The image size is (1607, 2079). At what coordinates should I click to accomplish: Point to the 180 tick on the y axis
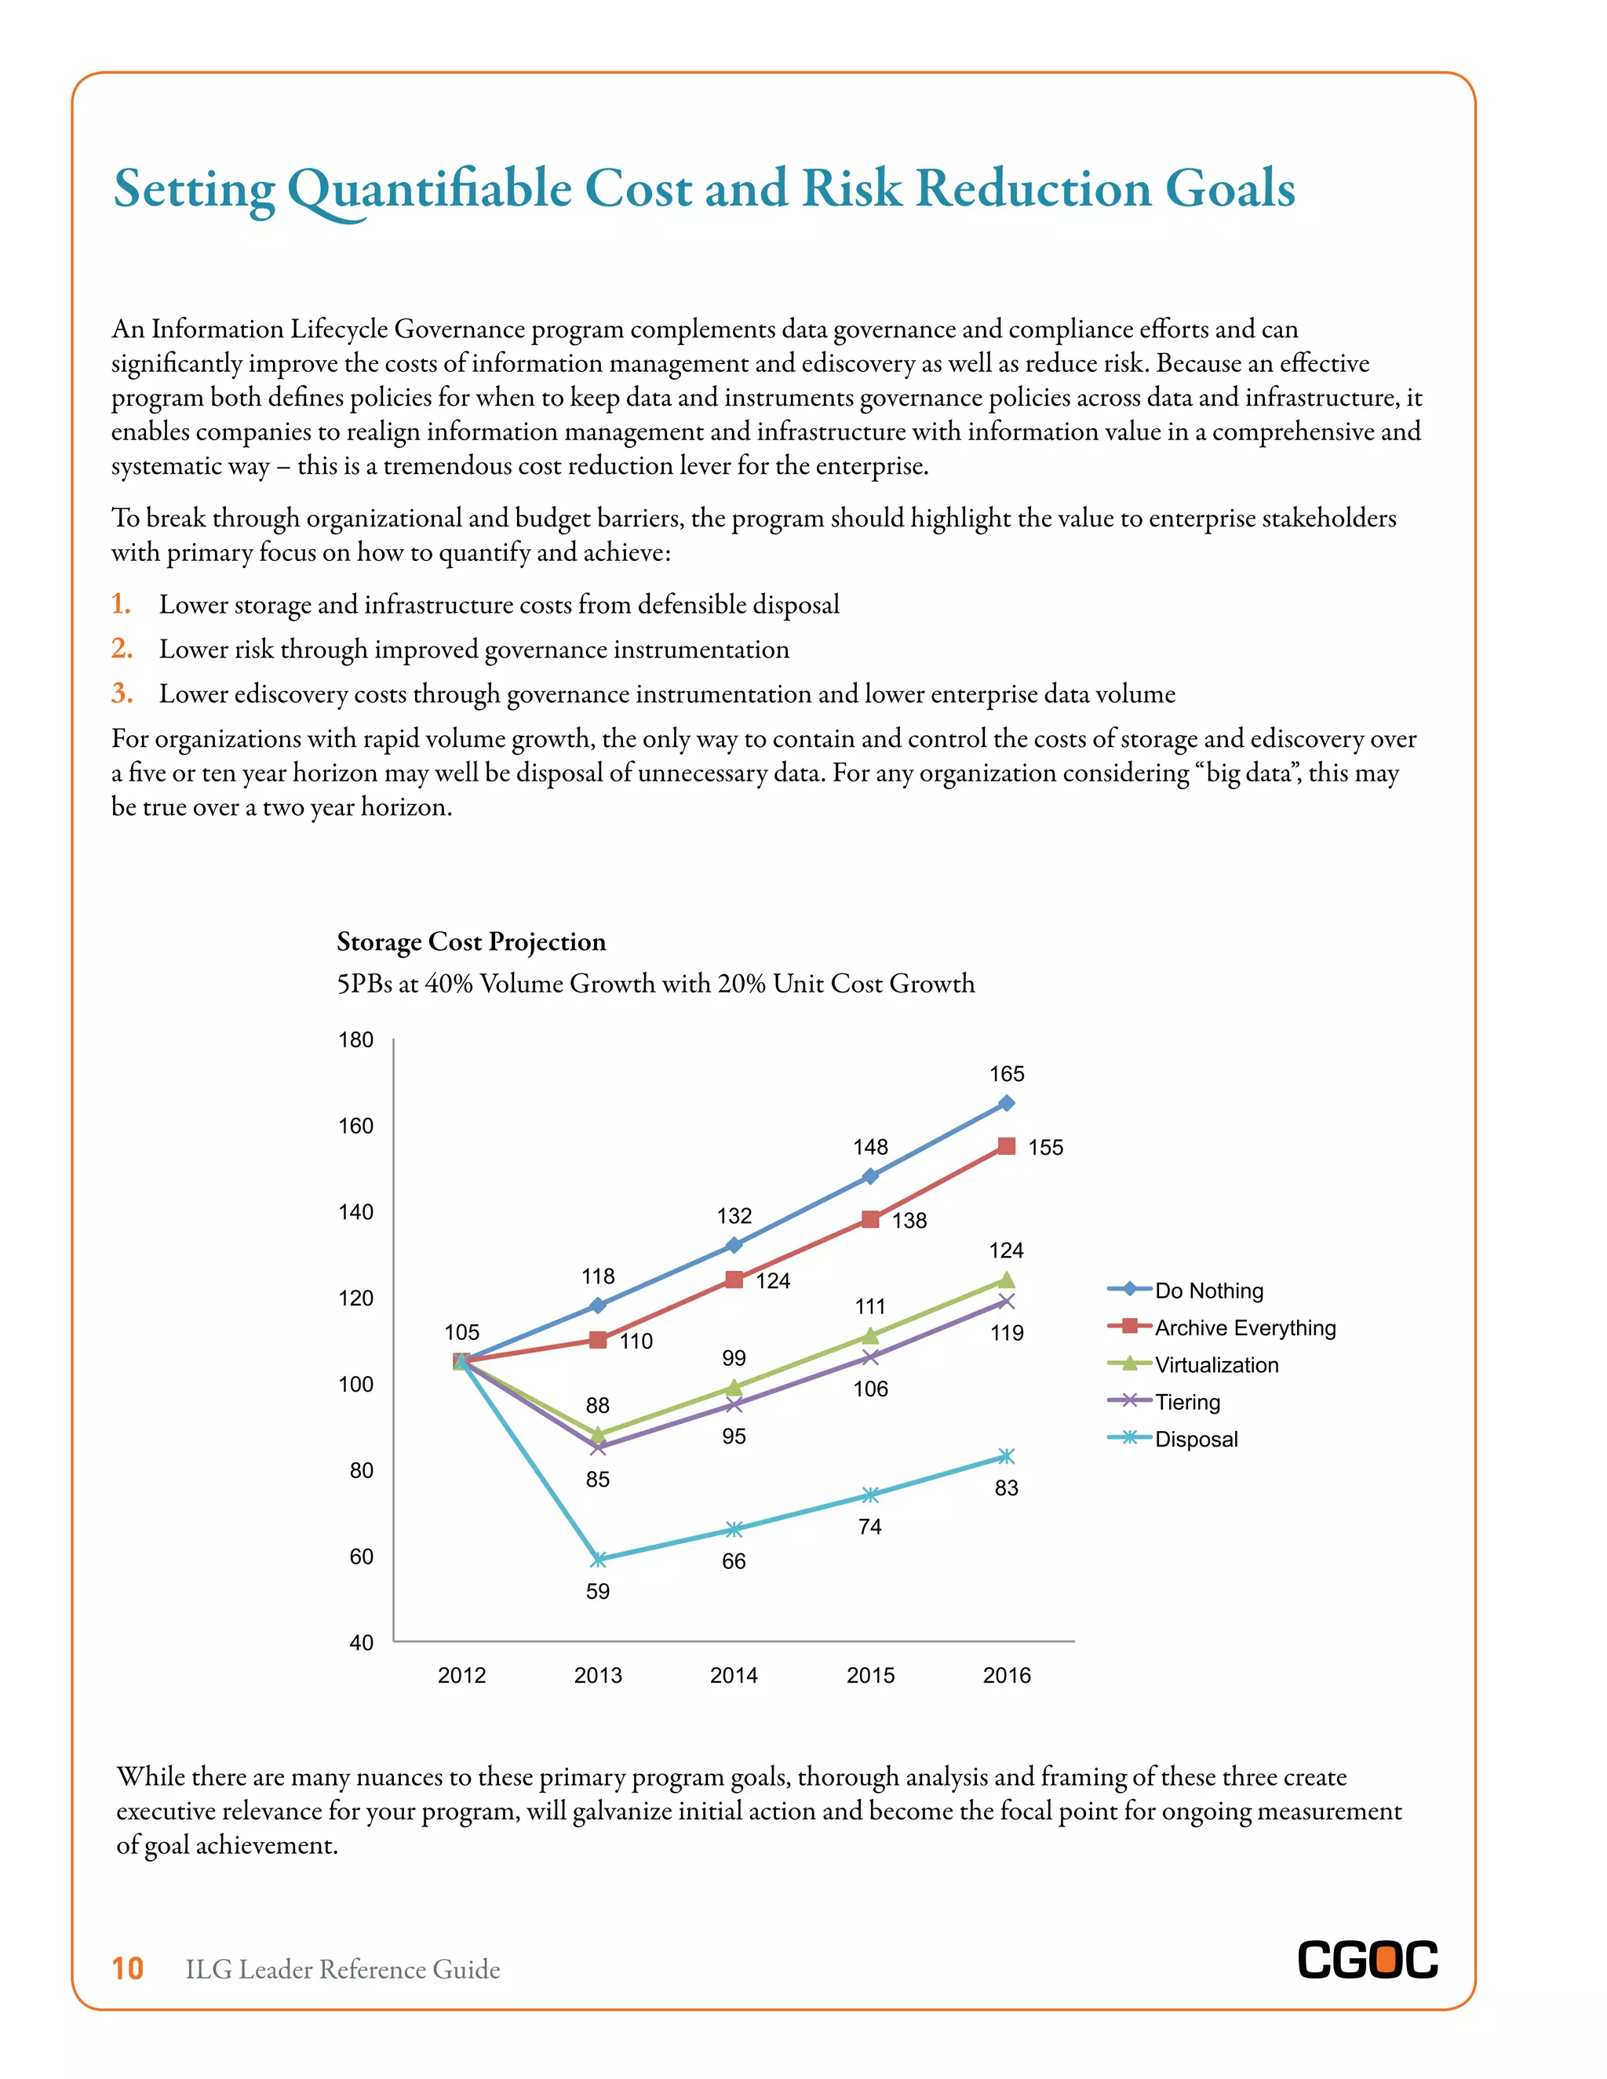coord(356,1039)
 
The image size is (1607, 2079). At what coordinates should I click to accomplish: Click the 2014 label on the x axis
coord(734,1676)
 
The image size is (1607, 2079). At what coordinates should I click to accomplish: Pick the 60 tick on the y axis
coord(361,1557)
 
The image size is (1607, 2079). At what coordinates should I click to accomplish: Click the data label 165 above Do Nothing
coord(1006,1074)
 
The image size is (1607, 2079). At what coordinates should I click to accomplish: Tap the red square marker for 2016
coord(1006,1146)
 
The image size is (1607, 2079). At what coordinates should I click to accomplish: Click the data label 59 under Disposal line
coord(598,1592)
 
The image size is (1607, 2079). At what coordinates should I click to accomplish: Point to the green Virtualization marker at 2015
coord(870,1335)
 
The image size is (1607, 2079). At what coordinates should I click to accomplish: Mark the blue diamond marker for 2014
coord(734,1245)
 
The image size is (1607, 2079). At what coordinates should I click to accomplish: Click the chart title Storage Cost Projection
coord(472,941)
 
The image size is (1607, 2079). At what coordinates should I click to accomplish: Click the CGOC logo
coord(1367,1961)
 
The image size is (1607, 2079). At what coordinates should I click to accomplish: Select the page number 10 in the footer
coord(128,1968)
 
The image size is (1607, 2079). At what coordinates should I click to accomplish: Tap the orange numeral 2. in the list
coord(122,648)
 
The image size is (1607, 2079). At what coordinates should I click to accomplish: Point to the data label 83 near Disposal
coord(1006,1487)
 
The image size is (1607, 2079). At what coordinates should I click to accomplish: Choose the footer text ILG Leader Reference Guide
coord(343,1969)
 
